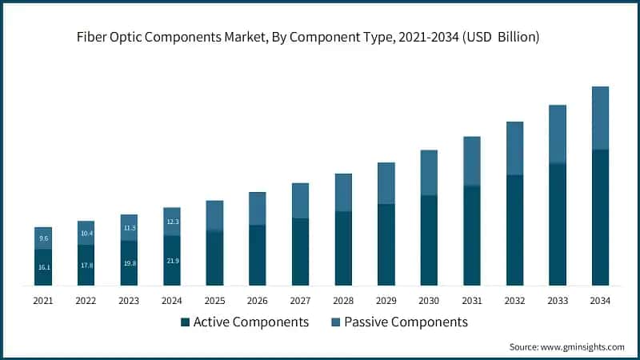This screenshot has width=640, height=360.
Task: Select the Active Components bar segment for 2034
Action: pyautogui.click(x=600, y=218)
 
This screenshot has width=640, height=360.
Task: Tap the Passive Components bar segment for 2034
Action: pyautogui.click(x=600, y=118)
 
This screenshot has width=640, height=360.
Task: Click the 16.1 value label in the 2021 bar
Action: pyautogui.click(x=43, y=266)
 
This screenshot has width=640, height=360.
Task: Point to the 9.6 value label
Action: pyautogui.click(x=43, y=238)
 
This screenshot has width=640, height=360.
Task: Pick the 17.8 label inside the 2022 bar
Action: pyautogui.click(x=86, y=265)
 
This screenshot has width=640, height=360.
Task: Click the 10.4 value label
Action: pyautogui.click(x=86, y=233)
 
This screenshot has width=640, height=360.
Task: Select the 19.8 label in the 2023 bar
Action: pyautogui.click(x=129, y=262)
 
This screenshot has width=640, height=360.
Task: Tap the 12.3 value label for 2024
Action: pyautogui.click(x=172, y=222)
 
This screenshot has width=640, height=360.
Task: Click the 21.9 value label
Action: pyautogui.click(x=172, y=261)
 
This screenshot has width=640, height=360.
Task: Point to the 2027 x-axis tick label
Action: pyautogui.click(x=300, y=301)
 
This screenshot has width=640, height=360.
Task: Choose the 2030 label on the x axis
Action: pyautogui.click(x=429, y=301)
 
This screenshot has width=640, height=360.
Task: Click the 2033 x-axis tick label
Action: pyautogui.click(x=558, y=301)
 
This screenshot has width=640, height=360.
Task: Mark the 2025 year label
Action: pyautogui.click(x=214, y=301)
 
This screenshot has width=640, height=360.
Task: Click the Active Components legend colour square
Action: pyautogui.click(x=186, y=322)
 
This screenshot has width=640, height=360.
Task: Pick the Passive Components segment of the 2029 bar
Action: pyautogui.click(x=386, y=183)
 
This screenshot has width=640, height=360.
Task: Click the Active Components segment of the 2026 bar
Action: pyautogui.click(x=258, y=255)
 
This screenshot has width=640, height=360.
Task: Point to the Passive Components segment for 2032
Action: pyautogui.click(x=514, y=148)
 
